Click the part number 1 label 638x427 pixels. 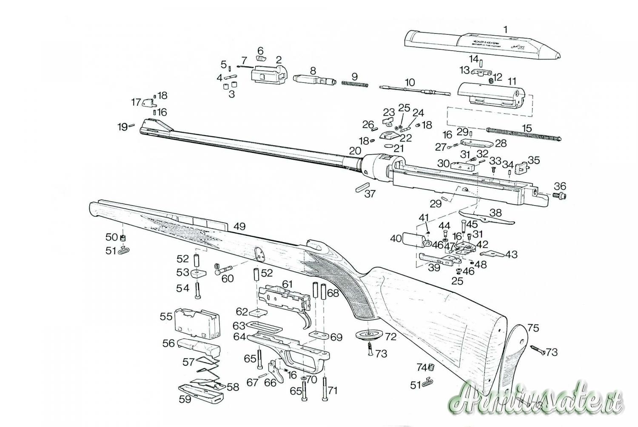(x=505, y=30)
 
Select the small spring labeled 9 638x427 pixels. (x=354, y=85)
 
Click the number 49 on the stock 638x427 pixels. (x=239, y=226)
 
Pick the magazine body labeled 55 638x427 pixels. (x=197, y=325)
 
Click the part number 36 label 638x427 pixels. (x=560, y=187)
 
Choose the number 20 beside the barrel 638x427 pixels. (x=355, y=150)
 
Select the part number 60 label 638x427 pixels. (x=228, y=278)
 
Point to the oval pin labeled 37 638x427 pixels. (x=362, y=187)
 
